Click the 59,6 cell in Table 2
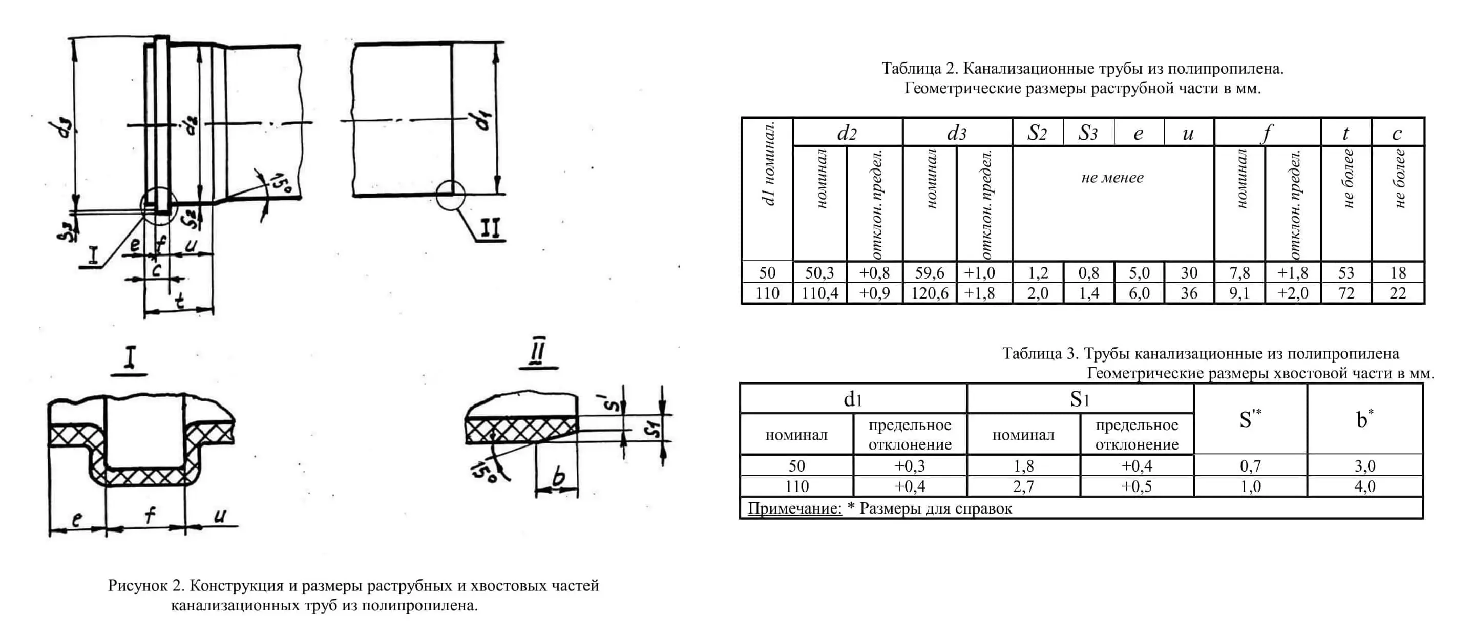click(929, 272)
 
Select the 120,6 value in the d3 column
click(929, 293)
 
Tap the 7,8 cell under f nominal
click(1239, 272)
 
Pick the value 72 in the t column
click(1346, 293)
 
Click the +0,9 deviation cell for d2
click(874, 293)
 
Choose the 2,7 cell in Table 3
click(1023, 486)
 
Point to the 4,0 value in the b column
click(1364, 486)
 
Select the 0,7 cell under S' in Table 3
click(1250, 466)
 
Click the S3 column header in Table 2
click(1088, 133)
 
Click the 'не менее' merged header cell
click(1112, 178)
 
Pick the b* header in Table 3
click(1364, 419)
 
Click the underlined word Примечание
click(794, 508)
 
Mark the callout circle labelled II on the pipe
click(451, 196)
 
